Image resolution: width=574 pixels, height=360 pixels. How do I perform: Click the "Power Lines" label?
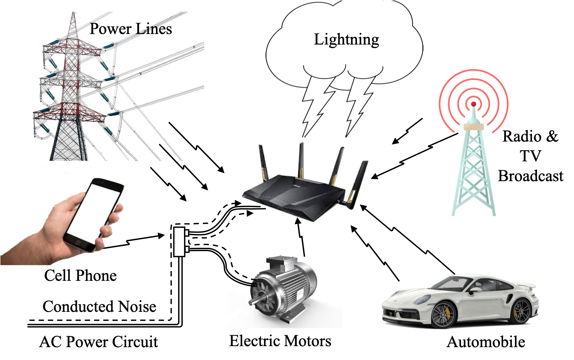(131, 29)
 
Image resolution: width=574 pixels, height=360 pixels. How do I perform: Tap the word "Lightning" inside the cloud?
(347, 40)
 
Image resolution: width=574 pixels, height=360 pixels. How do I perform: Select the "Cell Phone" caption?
(80, 276)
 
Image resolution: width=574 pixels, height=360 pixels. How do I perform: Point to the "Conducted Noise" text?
(99, 307)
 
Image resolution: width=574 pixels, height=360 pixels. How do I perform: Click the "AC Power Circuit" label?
(99, 342)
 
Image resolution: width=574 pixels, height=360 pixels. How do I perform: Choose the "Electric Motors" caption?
(280, 341)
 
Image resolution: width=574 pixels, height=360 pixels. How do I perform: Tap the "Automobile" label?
(486, 342)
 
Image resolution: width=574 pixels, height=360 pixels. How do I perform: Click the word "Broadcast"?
(530, 176)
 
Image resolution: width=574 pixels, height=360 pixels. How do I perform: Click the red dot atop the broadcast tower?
(474, 104)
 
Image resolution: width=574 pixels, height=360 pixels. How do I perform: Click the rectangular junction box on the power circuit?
(179, 242)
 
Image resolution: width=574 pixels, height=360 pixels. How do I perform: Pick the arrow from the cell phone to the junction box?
(134, 241)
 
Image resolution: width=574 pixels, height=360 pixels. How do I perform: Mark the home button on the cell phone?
(78, 242)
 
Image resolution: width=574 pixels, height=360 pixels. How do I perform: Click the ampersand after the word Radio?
(552, 136)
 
